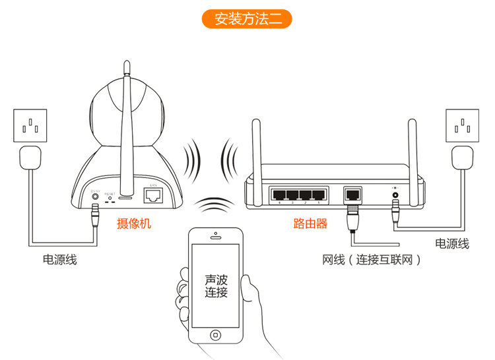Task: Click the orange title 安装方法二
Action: (247, 18)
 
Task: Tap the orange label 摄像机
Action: (134, 224)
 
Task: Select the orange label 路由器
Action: (310, 224)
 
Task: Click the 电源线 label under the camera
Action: (60, 260)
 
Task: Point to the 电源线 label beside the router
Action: (453, 244)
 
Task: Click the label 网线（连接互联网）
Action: (371, 260)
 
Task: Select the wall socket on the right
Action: (464, 124)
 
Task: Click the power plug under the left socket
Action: (30, 159)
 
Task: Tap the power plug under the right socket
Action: (463, 158)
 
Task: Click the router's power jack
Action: (395, 195)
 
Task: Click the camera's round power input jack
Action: (96, 196)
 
